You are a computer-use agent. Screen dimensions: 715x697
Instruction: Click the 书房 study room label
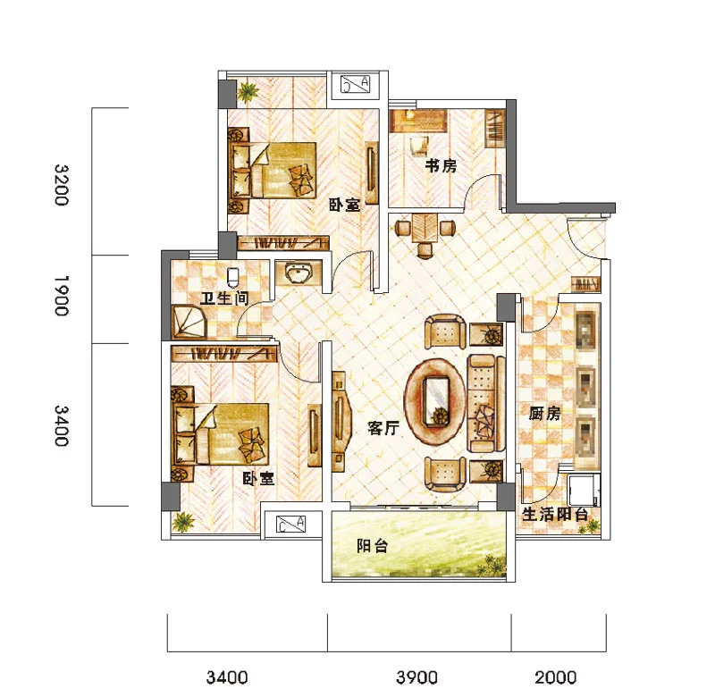[x=441, y=165]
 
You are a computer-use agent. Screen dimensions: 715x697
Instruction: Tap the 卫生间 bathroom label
[x=225, y=298]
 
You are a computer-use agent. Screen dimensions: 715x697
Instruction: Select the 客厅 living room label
[x=383, y=428]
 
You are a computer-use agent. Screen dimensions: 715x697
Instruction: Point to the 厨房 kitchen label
[x=544, y=414]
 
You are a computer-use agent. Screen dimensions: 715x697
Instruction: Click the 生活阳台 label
[x=554, y=514]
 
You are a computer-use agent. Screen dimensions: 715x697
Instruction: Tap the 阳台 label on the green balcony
[x=372, y=546]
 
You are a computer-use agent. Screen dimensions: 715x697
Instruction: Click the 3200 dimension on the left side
[x=62, y=185]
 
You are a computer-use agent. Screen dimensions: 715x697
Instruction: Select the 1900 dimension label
[x=62, y=296]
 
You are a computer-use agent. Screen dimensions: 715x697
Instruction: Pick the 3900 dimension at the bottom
[x=416, y=677]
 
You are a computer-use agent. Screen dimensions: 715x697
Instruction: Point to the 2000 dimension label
[x=555, y=677]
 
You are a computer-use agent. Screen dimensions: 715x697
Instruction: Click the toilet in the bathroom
[x=233, y=276]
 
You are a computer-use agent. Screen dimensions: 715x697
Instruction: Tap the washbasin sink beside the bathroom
[x=299, y=273]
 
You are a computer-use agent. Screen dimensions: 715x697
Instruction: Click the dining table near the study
[x=425, y=228]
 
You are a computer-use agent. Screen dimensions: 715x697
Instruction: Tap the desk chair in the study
[x=419, y=146]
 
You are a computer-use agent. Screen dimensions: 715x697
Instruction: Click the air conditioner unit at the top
[x=356, y=84]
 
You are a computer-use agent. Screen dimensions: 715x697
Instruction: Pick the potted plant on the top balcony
[x=248, y=92]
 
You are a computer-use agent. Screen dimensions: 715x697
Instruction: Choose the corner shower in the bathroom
[x=189, y=322]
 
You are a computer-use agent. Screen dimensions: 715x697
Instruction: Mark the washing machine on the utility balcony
[x=585, y=490]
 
